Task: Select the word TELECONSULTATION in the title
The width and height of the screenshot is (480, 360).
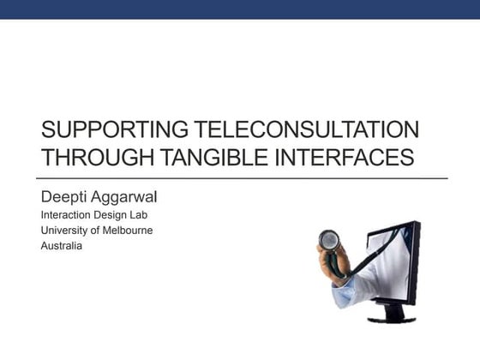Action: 306,130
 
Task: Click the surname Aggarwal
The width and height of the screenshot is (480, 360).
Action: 126,196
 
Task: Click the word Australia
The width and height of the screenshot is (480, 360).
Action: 61,245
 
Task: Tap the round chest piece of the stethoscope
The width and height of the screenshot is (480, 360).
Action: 329,239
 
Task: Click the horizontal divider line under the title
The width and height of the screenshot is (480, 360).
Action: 243,177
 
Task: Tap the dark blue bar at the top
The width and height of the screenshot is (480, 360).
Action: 240,9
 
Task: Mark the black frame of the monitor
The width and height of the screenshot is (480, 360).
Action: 417,257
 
